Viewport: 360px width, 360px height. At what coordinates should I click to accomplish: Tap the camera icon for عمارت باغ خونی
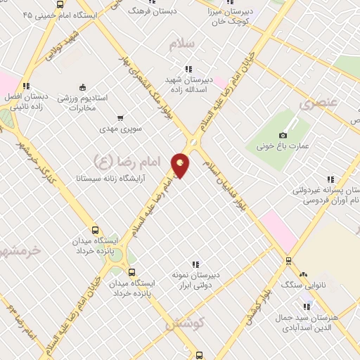pyautogui.click(x=283, y=134)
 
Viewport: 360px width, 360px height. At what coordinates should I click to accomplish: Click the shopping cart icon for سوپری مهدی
pyautogui.click(x=120, y=118)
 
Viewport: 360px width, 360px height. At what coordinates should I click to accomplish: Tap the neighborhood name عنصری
pyautogui.click(x=318, y=104)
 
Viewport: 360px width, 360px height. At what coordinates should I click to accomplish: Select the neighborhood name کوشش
pyautogui.click(x=184, y=325)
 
